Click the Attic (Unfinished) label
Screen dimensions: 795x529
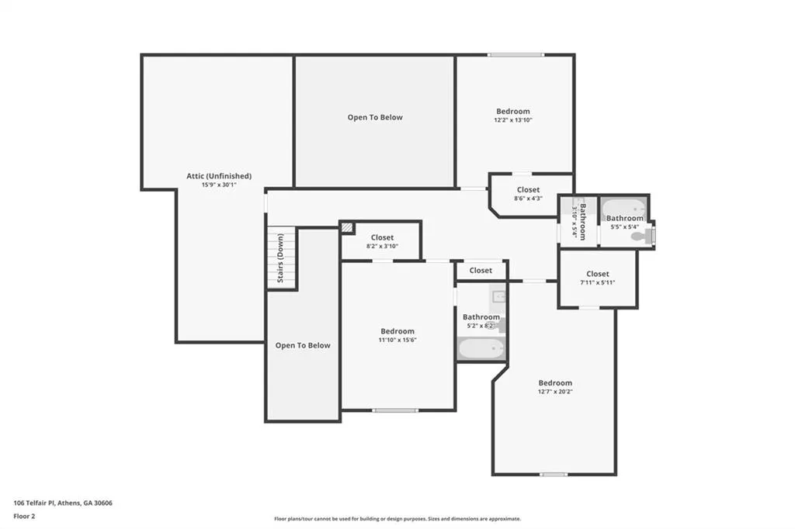[x=219, y=176]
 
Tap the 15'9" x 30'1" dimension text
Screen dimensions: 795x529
[x=219, y=185]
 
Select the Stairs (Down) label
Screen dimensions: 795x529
[x=280, y=258]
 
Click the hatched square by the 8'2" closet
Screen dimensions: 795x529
[x=347, y=227]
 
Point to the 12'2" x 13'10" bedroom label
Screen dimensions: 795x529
[x=513, y=116]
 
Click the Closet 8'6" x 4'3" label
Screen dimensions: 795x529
[x=528, y=194]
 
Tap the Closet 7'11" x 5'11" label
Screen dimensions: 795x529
[x=598, y=278]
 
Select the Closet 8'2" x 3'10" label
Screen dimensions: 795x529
[x=382, y=241]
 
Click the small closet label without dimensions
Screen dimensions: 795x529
[x=481, y=271]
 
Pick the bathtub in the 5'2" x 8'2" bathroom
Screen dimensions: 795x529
[x=481, y=348]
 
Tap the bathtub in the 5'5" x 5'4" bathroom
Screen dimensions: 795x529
[x=625, y=208]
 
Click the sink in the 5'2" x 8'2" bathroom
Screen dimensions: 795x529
[x=499, y=296]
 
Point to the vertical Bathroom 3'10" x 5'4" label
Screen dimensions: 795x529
[x=579, y=222]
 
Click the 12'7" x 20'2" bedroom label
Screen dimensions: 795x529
[x=555, y=387]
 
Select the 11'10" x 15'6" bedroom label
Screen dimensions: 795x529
[x=397, y=335]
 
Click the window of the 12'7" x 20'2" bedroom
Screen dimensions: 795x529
[x=554, y=475]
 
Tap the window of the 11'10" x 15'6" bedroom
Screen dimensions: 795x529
[x=395, y=410]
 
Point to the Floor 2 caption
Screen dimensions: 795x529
[x=24, y=517]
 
